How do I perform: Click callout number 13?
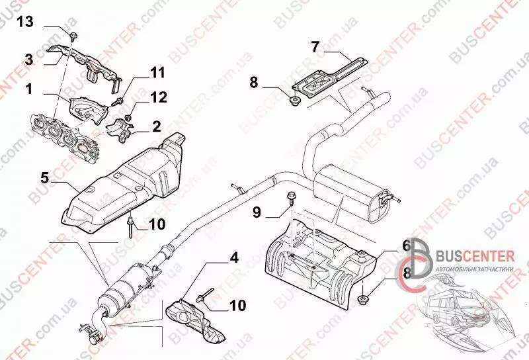coord(24,22)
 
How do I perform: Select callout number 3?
coord(29,60)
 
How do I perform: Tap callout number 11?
coord(157,73)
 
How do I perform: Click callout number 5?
coord(45,177)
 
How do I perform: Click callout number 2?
coord(157,126)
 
